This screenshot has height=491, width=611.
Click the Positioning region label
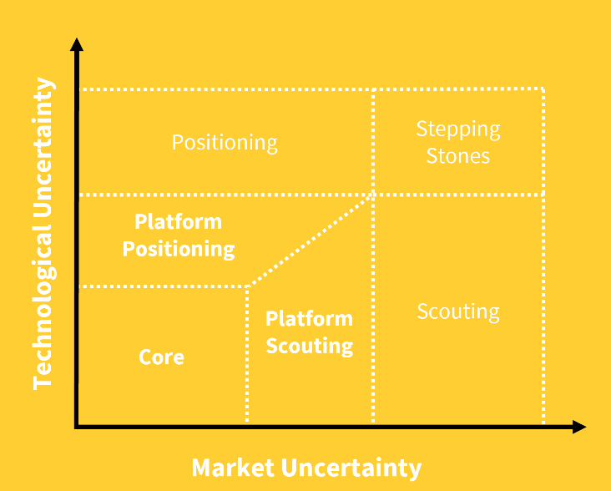tap(225, 143)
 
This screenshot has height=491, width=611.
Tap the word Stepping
tap(458, 129)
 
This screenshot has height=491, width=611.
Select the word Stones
tap(458, 156)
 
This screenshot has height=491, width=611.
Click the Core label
tap(161, 357)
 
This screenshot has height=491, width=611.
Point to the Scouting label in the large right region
tap(458, 311)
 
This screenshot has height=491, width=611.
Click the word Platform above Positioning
tap(178, 222)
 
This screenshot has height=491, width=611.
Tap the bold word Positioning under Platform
tap(179, 250)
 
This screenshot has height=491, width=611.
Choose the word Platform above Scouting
tap(309, 319)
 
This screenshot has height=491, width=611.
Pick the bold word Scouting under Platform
tap(310, 347)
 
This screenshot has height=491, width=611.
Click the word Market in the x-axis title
tap(233, 468)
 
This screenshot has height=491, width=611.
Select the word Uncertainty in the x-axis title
tap(351, 468)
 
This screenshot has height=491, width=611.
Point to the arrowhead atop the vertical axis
tap(77, 44)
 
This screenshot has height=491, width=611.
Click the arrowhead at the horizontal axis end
tap(579, 427)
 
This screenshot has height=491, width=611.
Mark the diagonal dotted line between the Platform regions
tap(311, 240)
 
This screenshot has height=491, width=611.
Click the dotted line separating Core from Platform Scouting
tap(247, 354)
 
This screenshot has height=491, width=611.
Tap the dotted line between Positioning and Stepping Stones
tap(373, 142)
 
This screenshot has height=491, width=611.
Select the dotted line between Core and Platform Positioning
tap(164, 286)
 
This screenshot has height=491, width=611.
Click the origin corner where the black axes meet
tap(77, 427)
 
